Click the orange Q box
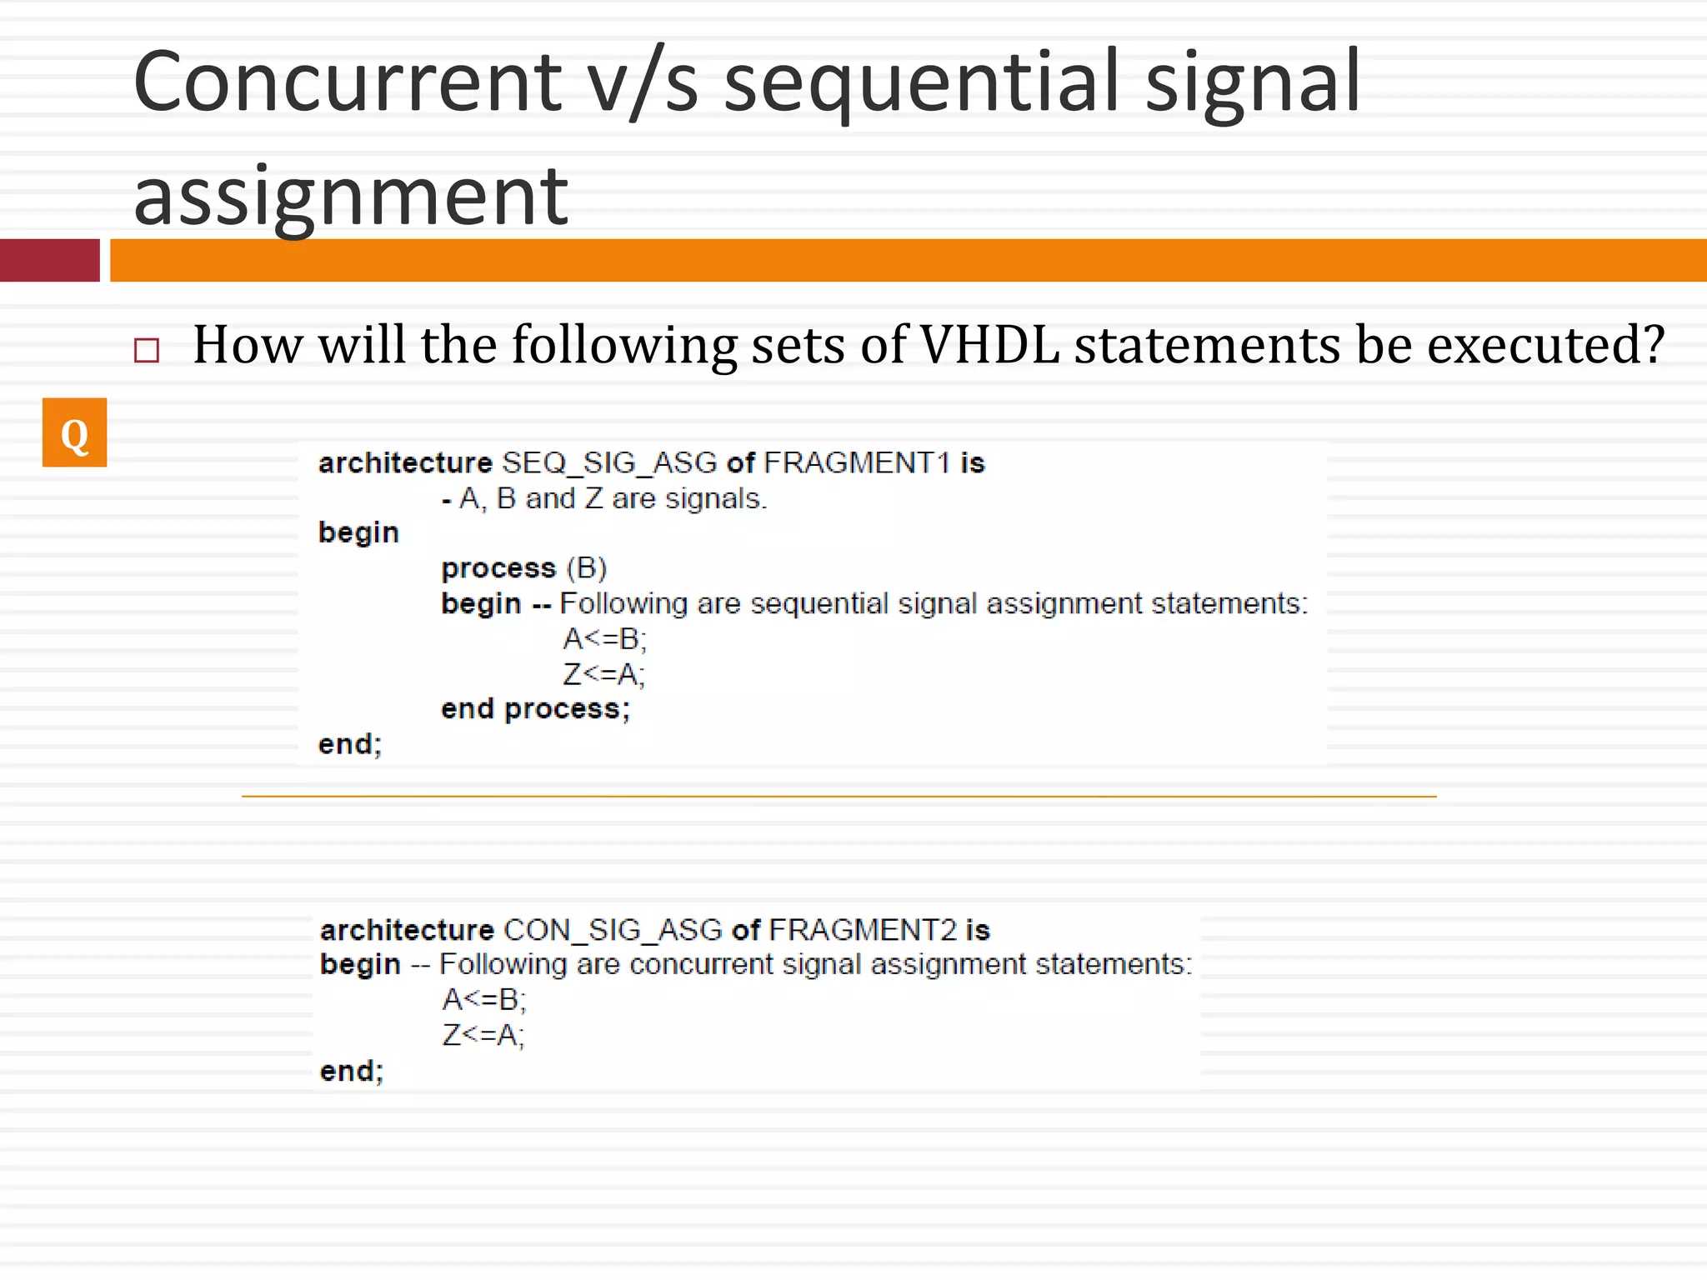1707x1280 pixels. click(x=74, y=432)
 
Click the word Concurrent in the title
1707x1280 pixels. click(x=348, y=82)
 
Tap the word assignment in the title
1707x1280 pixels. click(x=350, y=196)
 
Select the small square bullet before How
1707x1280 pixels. click(x=147, y=350)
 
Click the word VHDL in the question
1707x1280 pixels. click(x=989, y=344)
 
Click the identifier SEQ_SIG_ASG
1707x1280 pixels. click(x=609, y=462)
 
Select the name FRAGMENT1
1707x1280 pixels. click(x=857, y=462)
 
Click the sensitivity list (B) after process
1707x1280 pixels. click(x=587, y=567)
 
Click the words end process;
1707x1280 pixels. click(x=536, y=708)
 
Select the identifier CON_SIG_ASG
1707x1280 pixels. click(x=613, y=929)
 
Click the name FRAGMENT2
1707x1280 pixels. click(x=863, y=929)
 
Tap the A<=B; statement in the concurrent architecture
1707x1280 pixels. click(x=484, y=998)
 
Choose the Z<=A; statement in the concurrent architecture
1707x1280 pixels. click(x=483, y=1034)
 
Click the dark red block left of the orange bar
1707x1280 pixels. click(x=50, y=260)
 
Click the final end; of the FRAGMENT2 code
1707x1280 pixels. click(x=352, y=1071)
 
